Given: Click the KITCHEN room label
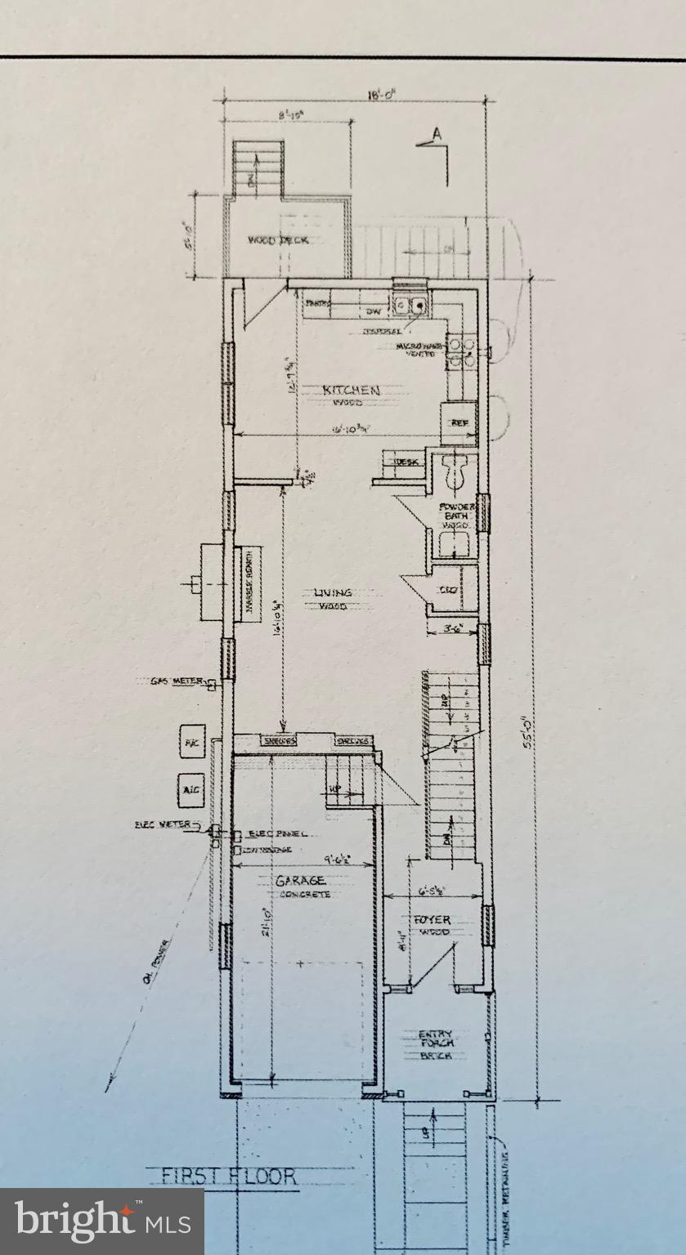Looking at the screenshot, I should pos(351,391).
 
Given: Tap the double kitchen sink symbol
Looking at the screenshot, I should pos(408,305).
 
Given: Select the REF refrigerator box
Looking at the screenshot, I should pos(459,422).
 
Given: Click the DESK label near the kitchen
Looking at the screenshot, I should pos(406,462).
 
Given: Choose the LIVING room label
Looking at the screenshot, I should pos(333,592).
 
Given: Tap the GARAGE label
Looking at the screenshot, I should pos(300,881).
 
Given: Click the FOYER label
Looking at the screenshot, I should pos(432,919).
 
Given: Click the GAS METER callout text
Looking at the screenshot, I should pos(176,681).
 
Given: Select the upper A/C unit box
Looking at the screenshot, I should pos(191,743).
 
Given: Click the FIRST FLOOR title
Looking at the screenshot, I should pos(228,1177).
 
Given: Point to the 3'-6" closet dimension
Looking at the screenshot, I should pos(452,629).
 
